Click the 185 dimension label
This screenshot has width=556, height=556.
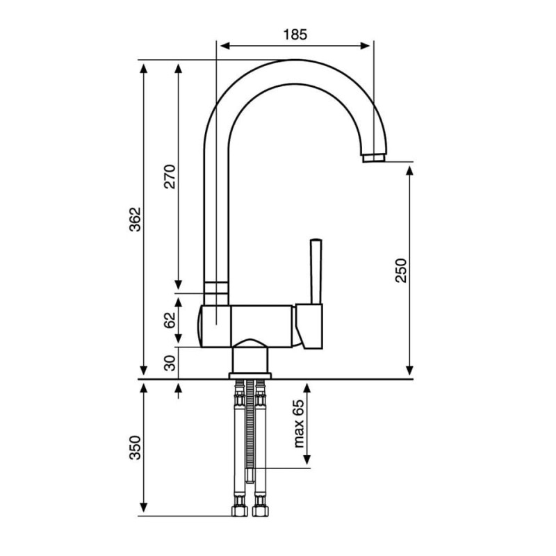[x=295, y=34]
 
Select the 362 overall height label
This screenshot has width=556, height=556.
[x=135, y=220]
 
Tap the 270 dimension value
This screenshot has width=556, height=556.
[x=170, y=177]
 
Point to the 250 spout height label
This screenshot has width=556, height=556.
[x=401, y=270]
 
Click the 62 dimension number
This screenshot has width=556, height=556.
[x=170, y=320]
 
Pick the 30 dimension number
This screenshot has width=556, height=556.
[x=170, y=363]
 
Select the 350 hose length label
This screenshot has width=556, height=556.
[x=135, y=448]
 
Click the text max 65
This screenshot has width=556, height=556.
[x=299, y=424]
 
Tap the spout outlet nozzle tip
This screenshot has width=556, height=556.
[x=374, y=158]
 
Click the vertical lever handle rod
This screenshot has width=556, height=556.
[x=316, y=272]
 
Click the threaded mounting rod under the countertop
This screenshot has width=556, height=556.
[x=251, y=431]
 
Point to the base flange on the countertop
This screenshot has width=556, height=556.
[x=250, y=376]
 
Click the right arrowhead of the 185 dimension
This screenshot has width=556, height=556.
[x=365, y=46]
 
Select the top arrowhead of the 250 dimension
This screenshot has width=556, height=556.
[x=409, y=171]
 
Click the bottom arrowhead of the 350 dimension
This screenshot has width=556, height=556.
[x=143, y=507]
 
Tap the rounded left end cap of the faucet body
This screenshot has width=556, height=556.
[x=200, y=325]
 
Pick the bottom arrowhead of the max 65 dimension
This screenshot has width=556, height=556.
[x=307, y=460]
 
